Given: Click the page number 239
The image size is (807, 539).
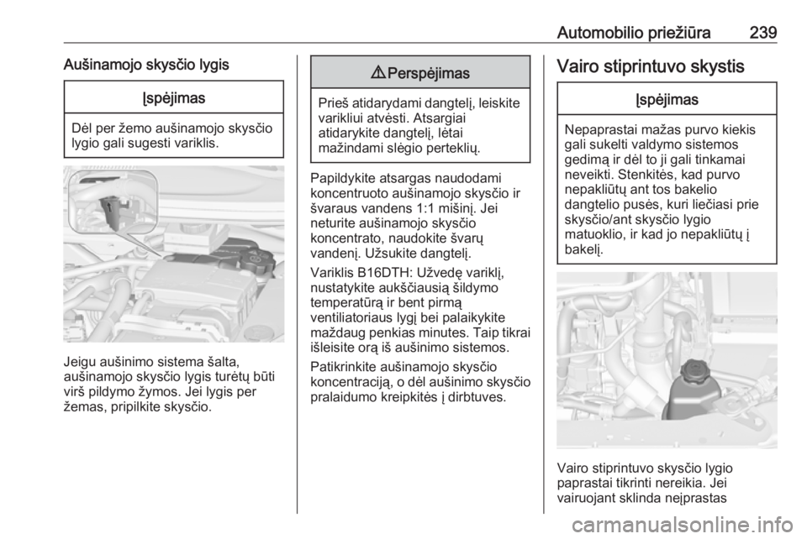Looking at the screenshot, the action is [x=762, y=33].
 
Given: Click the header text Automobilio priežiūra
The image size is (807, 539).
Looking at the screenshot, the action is [x=634, y=33].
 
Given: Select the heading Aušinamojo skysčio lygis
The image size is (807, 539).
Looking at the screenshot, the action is [x=146, y=65].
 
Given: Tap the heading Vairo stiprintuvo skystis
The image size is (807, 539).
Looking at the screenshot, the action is [x=651, y=66].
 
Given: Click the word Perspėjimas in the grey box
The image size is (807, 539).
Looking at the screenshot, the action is [x=428, y=74].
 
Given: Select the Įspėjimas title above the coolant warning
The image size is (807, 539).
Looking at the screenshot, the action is [x=174, y=97].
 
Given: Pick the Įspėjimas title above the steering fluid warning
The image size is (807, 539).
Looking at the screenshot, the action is [x=667, y=99].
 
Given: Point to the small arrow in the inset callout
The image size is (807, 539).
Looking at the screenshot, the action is [x=112, y=207].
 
